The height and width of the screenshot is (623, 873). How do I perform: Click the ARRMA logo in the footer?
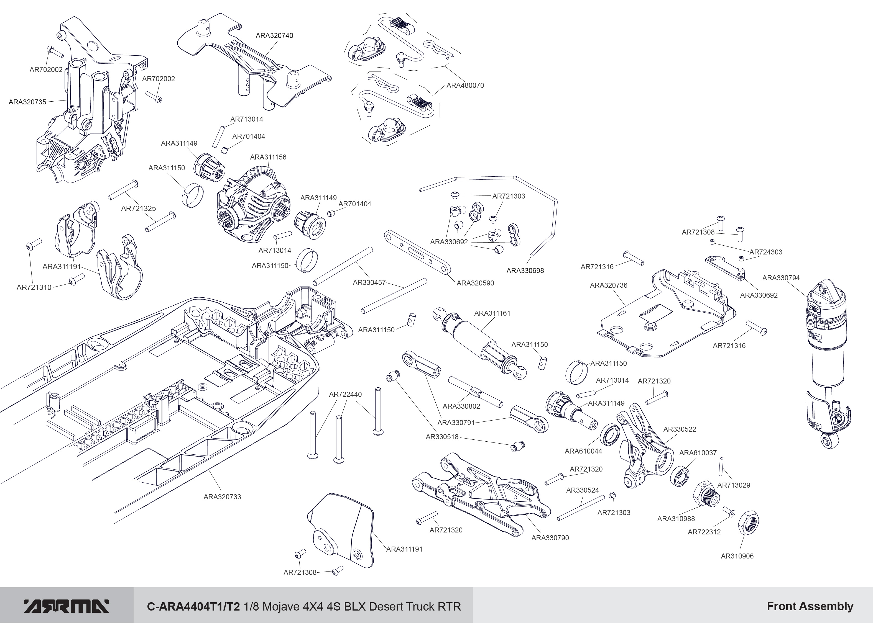[x=67, y=606]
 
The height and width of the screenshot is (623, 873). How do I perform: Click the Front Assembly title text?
[x=810, y=606]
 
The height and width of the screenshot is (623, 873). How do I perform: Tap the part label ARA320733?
[x=222, y=497]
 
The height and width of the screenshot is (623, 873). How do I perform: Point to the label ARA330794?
[x=781, y=278]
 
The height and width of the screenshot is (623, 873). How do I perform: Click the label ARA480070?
[x=465, y=86]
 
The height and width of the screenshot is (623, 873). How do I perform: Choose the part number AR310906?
[x=737, y=556]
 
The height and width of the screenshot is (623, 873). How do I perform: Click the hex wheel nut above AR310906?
[x=748, y=522]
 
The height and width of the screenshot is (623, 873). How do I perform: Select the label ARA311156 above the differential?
[x=268, y=157]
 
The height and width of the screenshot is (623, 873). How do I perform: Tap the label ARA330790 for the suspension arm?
[x=550, y=538]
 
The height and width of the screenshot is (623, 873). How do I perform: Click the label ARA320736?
[x=609, y=285]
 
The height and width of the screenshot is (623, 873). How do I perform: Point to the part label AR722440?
[x=345, y=394]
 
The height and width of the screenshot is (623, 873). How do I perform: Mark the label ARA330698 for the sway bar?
[x=525, y=271]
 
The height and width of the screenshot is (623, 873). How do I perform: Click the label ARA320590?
[x=475, y=283]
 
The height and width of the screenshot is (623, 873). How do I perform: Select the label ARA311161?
[x=492, y=313]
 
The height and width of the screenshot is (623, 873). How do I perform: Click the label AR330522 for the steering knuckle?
[x=680, y=429]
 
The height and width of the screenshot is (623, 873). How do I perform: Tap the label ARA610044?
[x=583, y=451]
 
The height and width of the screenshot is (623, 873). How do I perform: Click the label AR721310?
[x=34, y=287]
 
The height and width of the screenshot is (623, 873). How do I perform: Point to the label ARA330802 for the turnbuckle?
[x=461, y=406]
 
